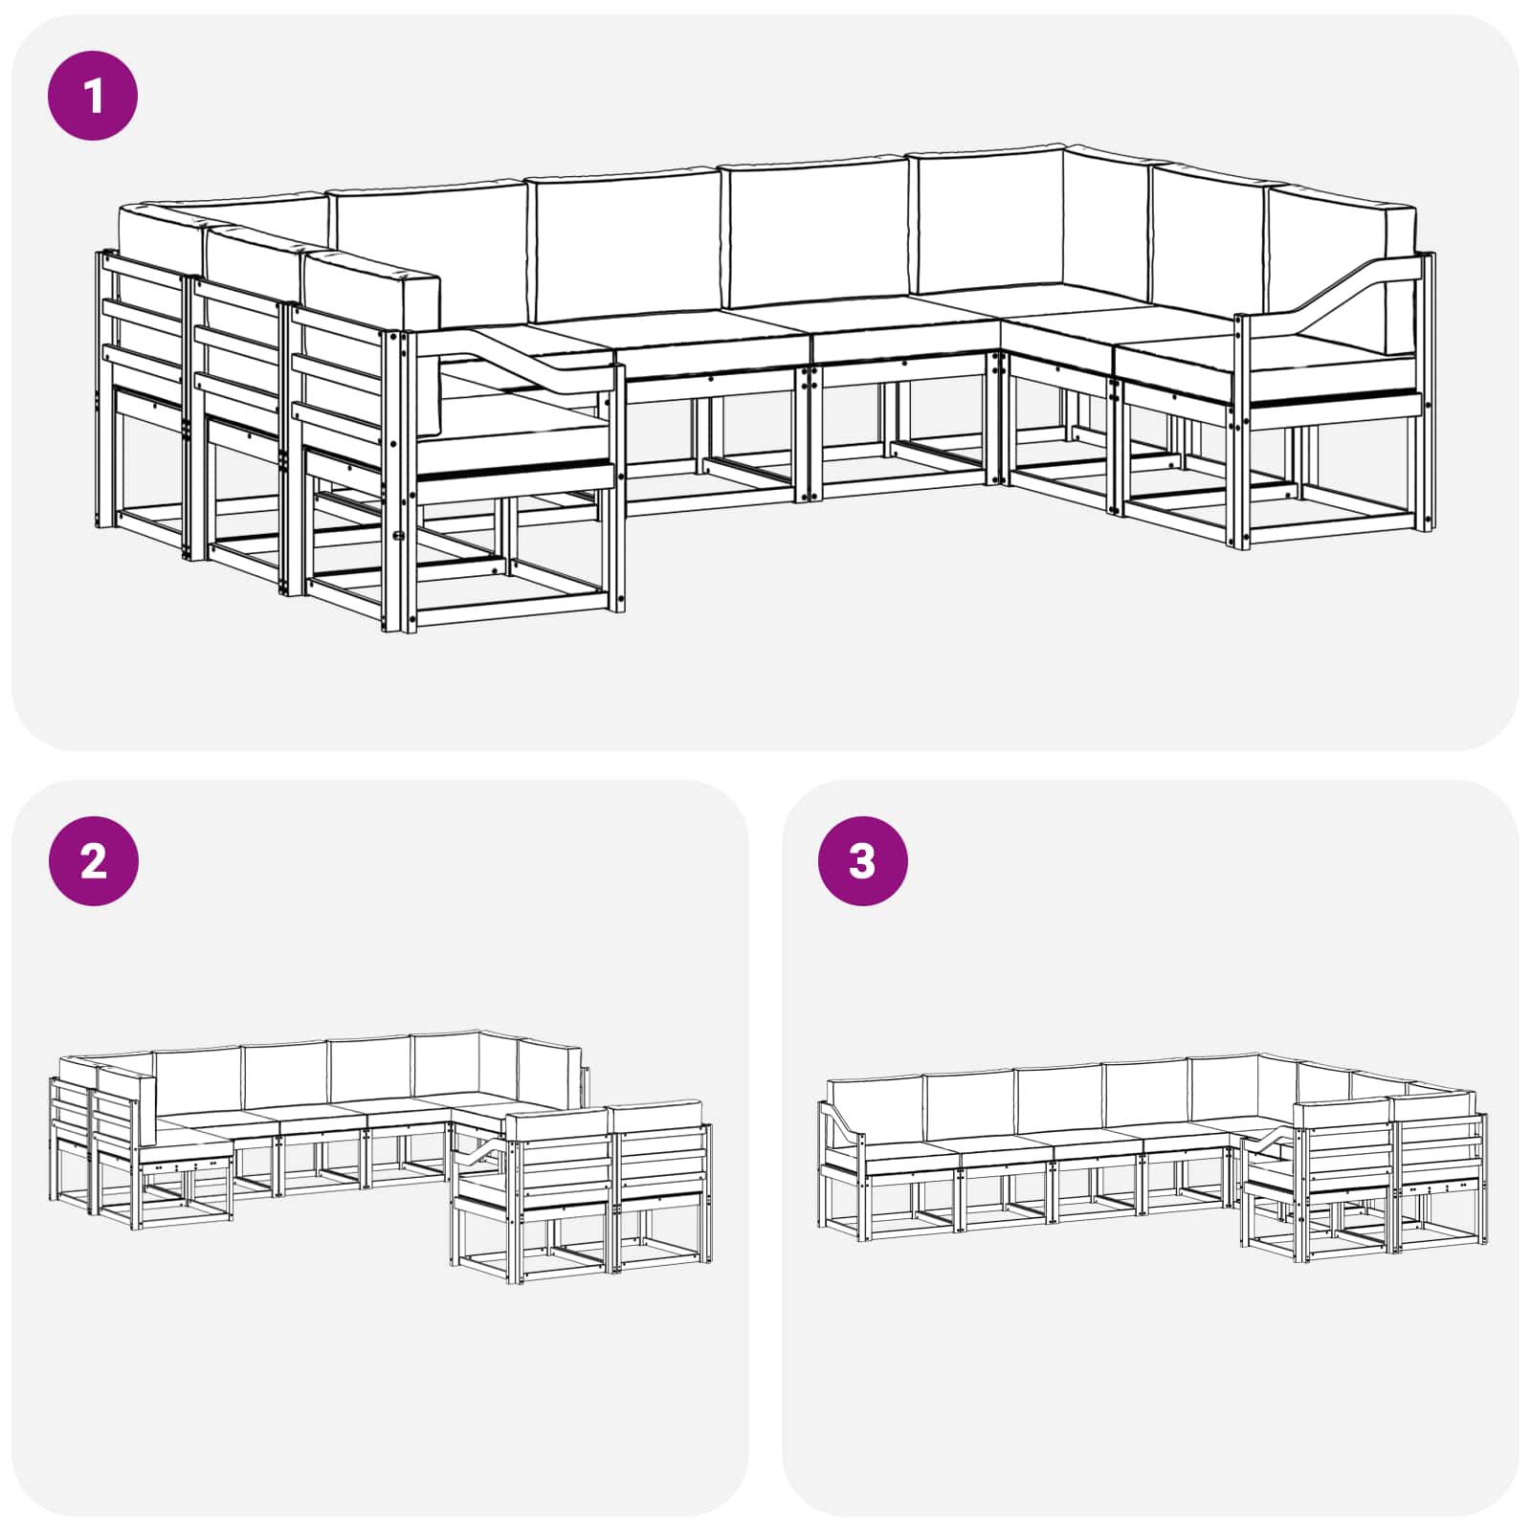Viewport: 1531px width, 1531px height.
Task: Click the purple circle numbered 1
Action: point(93,96)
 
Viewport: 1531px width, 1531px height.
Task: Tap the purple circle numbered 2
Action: point(93,861)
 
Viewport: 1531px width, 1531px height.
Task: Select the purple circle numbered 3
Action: point(862,861)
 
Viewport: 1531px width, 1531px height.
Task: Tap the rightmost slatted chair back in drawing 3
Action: point(1440,1148)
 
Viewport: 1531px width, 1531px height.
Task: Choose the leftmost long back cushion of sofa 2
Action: point(196,1081)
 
